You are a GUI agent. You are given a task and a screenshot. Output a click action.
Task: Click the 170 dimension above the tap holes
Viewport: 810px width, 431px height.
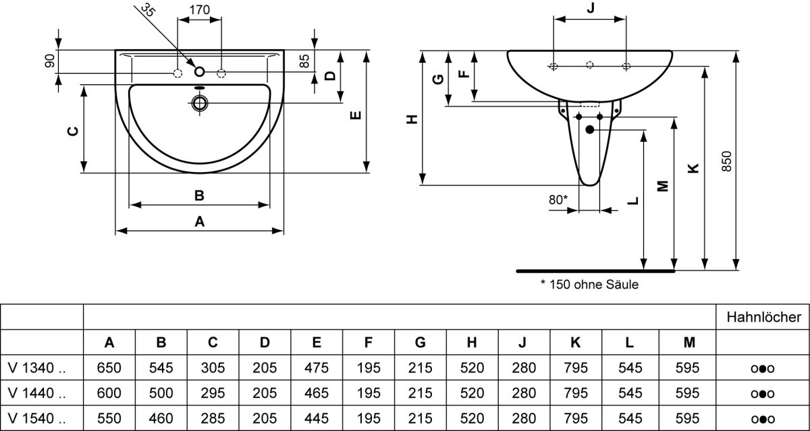point(199,9)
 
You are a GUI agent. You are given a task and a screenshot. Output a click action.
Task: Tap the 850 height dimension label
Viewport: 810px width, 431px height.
point(726,161)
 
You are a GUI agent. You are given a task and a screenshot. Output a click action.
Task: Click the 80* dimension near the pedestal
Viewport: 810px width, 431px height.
point(558,200)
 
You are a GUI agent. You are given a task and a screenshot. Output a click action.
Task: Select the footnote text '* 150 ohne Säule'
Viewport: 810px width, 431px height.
point(589,285)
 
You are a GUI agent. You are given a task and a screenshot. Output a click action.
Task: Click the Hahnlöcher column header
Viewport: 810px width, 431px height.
point(763,317)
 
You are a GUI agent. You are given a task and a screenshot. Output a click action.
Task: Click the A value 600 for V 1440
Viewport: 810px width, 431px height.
point(109,393)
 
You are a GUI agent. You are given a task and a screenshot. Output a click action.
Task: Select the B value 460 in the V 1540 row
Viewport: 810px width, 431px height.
point(161,418)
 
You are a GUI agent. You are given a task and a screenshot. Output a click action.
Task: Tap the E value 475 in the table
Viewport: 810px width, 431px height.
point(317,368)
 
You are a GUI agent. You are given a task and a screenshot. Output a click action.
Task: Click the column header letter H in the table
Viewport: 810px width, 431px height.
point(472,342)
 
